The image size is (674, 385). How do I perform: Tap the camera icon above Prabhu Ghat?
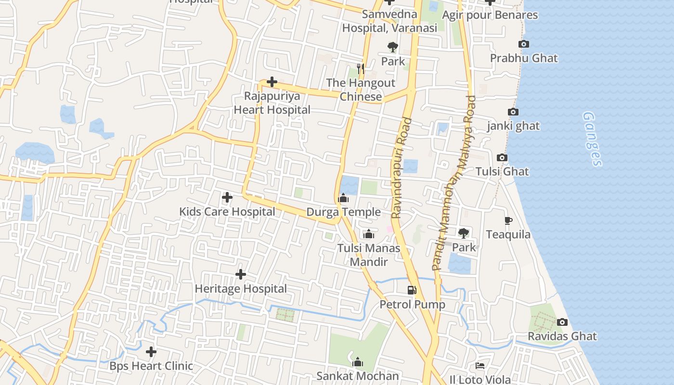(x=524, y=44)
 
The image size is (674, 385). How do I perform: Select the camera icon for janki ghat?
(x=513, y=112)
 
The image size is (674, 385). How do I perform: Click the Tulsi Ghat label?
(x=502, y=171)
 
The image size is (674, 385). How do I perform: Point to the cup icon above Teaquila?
(x=508, y=221)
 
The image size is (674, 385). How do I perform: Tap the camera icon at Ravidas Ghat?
(x=562, y=322)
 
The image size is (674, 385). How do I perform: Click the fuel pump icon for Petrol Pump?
(x=412, y=290)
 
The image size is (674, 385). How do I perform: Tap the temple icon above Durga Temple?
(x=343, y=198)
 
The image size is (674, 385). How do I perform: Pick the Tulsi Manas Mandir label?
(x=369, y=255)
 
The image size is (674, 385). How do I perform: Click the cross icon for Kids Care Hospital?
(x=227, y=197)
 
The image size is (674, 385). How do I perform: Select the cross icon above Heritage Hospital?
(x=241, y=274)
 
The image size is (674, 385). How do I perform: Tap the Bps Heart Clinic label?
(x=151, y=366)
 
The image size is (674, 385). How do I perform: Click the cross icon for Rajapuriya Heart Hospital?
(x=272, y=82)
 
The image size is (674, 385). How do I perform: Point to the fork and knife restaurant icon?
(x=360, y=69)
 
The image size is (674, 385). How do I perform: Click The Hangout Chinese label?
(x=361, y=90)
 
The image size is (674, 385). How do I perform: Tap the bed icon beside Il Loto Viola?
(x=480, y=366)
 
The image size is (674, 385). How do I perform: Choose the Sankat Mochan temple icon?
(x=358, y=362)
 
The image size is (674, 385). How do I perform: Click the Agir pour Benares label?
(x=490, y=15)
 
